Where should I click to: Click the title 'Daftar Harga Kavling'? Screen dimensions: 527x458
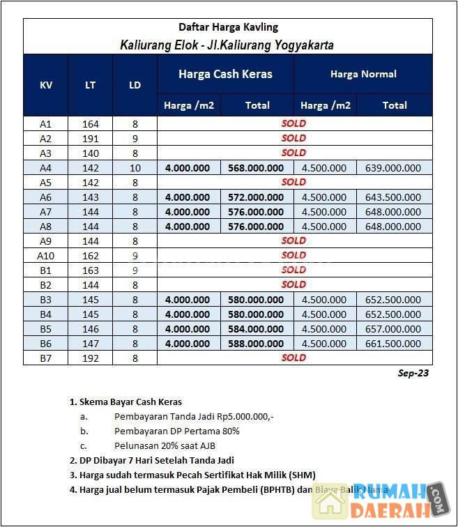click(228, 27)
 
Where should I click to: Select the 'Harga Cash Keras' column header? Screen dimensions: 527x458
click(225, 74)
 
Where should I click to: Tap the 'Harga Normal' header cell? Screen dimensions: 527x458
click(362, 74)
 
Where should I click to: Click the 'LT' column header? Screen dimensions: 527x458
click(91, 85)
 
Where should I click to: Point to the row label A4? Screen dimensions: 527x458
click(46, 167)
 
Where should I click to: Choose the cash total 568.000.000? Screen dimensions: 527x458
click(256, 167)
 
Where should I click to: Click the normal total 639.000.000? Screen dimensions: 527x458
click(394, 167)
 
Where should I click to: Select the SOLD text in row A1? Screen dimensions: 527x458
click(293, 123)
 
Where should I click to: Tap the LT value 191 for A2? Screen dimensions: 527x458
click(91, 138)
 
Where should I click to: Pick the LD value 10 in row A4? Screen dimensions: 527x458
click(135, 167)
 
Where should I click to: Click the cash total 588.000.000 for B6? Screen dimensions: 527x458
click(256, 343)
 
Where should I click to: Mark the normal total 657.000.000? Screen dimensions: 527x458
click(394, 328)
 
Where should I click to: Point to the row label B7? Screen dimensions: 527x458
click(46, 358)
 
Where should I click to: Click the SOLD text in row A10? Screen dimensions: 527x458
click(293, 255)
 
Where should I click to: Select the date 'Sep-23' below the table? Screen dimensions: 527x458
click(413, 373)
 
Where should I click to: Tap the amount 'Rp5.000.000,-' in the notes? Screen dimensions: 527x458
click(239, 416)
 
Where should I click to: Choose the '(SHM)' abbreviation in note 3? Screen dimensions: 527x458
click(300, 475)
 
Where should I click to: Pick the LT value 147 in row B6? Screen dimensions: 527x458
click(91, 343)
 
